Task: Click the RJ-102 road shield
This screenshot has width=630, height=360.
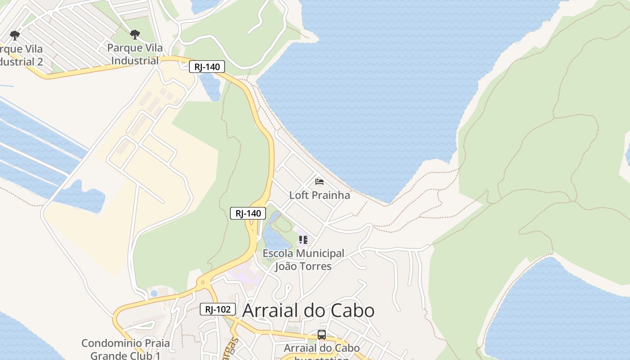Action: click(218, 309)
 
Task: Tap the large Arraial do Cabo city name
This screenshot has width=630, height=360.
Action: click(308, 310)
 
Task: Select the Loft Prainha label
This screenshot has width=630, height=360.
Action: click(319, 195)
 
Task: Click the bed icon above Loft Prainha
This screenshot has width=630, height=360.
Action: click(319, 182)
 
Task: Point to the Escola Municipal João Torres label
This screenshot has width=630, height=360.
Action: click(303, 260)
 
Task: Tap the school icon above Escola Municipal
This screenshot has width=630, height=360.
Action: click(303, 240)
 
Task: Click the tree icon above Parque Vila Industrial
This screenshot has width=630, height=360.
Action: click(135, 35)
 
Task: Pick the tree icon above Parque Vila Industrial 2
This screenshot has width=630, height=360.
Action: click(15, 35)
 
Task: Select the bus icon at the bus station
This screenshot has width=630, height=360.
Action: click(322, 335)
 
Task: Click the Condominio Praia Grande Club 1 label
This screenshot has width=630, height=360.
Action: click(126, 349)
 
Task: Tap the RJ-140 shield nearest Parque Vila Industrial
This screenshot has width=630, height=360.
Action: click(207, 67)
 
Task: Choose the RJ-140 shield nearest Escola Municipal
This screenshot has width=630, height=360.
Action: click(248, 213)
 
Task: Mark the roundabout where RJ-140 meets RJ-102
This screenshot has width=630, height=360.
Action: click(203, 283)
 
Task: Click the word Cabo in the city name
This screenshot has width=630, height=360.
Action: click(352, 310)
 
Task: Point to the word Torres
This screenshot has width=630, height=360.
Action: click(315, 266)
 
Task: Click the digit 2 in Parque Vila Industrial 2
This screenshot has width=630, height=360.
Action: click(40, 62)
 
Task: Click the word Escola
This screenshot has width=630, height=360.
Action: click(276, 253)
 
